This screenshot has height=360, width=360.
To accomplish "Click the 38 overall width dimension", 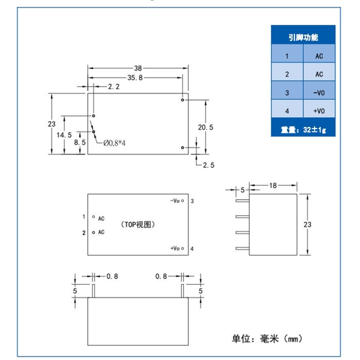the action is [138, 68].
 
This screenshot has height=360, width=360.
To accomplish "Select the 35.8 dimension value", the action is [135, 78].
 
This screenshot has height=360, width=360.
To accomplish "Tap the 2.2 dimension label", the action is [114, 87].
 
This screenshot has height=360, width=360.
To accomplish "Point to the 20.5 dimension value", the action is [206, 127].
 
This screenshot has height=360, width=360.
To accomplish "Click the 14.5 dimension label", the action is [64, 135].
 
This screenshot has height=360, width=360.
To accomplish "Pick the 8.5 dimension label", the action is [80, 142].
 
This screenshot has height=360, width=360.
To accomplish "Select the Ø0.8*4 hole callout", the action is [114, 144].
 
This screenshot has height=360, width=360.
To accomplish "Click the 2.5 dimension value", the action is [208, 165].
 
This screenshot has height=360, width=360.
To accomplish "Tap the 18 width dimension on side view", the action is [273, 185].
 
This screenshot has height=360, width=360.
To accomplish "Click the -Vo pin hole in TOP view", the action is [183, 200].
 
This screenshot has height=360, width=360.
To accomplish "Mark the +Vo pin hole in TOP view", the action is [183, 248].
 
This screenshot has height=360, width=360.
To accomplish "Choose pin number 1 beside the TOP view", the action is [84, 216].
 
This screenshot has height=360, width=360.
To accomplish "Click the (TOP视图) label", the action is [138, 224].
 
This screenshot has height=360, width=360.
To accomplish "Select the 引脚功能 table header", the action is [303, 37].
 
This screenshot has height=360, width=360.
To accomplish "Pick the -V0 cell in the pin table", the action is [319, 93].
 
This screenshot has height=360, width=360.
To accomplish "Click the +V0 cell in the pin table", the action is [319, 111].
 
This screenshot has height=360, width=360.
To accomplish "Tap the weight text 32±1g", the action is [314, 130].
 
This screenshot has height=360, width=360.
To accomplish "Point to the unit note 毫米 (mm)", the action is [281, 339].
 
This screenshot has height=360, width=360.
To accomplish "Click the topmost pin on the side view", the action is [242, 200].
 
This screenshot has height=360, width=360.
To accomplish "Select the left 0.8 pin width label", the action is [113, 276].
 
